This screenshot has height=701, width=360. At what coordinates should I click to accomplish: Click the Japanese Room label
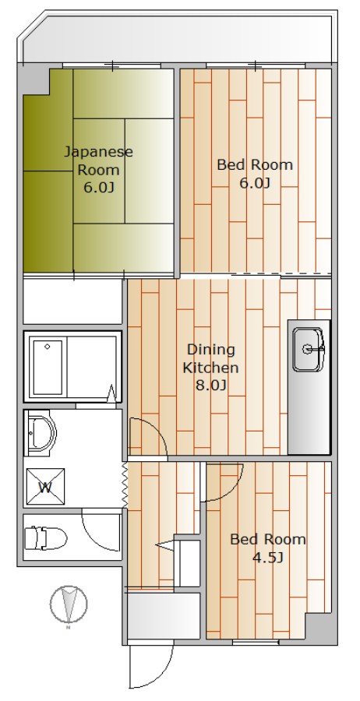click(98, 161)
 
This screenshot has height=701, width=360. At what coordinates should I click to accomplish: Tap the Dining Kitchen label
click(211, 358)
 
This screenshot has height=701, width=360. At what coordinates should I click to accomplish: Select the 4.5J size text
click(268, 558)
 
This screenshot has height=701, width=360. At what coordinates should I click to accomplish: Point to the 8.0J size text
click(211, 385)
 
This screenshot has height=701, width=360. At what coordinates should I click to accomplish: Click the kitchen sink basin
click(308, 349)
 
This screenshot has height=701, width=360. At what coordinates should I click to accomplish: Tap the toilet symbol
click(45, 537)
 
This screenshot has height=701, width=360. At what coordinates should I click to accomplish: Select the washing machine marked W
click(45, 487)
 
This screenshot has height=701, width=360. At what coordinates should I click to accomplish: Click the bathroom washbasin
click(41, 433)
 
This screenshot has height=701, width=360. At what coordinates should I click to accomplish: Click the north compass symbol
click(69, 605)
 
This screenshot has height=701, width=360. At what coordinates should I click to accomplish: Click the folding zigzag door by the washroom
click(125, 485)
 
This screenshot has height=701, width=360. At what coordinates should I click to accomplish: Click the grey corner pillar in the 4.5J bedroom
click(320, 628)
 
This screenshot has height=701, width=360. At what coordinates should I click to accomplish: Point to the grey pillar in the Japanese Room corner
click(34, 79)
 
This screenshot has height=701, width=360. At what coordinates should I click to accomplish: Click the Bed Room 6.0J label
click(255, 174)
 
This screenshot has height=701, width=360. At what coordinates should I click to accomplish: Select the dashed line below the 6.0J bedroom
click(281, 274)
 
